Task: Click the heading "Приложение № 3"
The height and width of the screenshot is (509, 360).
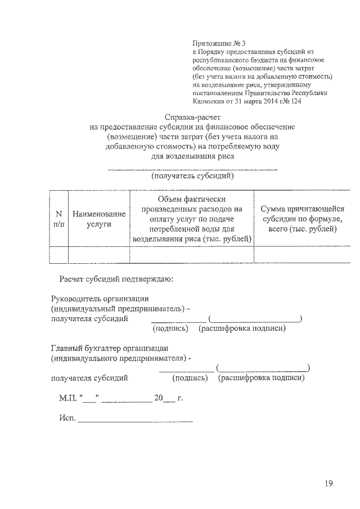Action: (219, 43)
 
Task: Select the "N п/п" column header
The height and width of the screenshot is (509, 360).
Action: (58, 219)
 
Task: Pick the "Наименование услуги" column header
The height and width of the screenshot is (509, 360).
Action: (98, 219)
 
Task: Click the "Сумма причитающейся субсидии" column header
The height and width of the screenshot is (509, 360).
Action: (302, 219)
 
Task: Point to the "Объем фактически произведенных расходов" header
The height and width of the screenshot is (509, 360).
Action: (191, 219)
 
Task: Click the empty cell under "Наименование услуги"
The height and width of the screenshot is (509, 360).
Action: (98, 255)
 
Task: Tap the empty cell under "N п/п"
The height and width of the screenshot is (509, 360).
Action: (58, 255)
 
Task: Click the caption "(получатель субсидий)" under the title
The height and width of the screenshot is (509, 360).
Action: (192, 176)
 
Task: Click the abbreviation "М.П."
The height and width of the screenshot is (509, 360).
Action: (69, 398)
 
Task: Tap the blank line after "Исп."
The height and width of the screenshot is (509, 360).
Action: (135, 418)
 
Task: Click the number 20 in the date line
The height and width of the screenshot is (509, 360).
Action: (159, 398)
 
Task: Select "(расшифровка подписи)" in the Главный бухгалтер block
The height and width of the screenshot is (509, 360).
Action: (262, 378)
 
